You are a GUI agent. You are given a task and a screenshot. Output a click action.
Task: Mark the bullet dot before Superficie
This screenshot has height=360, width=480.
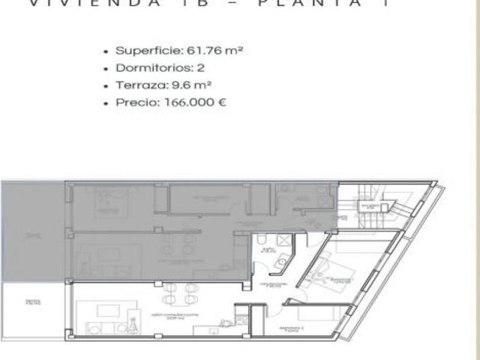(107, 52)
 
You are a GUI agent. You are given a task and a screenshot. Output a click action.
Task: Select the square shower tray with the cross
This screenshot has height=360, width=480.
(285, 241)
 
